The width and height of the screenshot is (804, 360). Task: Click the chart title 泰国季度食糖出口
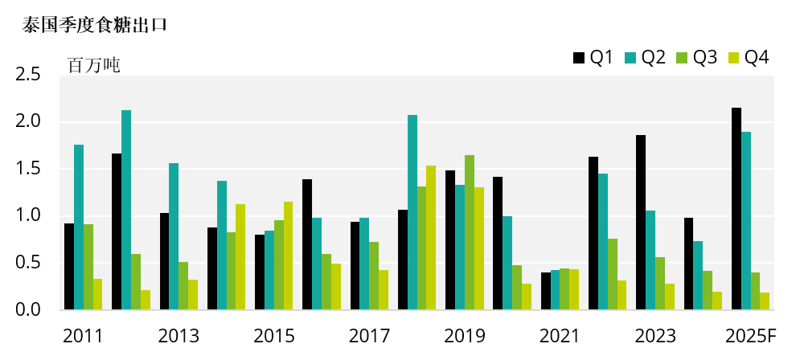95,25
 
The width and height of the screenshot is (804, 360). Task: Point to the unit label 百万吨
94,66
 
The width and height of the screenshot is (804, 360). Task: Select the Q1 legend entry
593,57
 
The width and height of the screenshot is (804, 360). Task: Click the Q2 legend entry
645,57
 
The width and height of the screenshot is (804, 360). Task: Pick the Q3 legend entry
696,57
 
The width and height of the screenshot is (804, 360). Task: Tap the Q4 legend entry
748,57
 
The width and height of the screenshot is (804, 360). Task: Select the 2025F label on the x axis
750,336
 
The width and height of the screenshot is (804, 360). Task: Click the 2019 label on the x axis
466,336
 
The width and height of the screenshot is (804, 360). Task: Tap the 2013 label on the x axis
179,336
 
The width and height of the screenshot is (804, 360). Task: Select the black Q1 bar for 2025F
736,209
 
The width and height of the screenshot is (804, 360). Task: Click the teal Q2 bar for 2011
79,227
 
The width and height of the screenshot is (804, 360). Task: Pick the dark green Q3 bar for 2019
470,232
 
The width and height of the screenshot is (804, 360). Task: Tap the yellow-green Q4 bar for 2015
289,256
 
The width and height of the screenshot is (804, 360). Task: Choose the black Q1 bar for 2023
641,223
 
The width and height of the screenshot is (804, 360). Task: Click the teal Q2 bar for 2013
174,236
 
